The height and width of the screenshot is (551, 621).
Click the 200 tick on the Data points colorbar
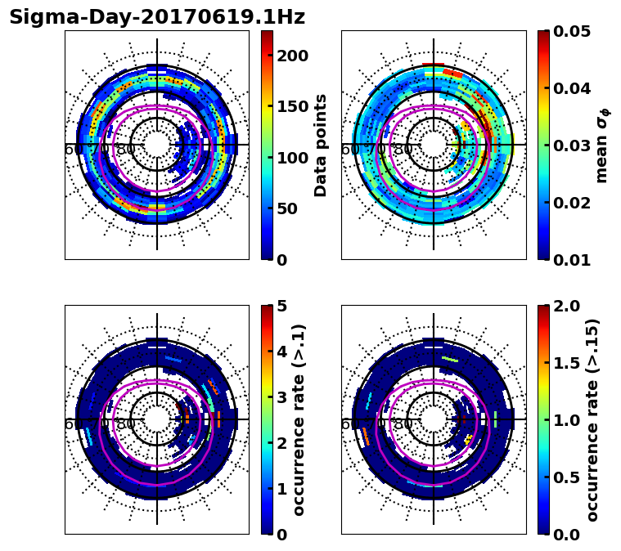[292, 56]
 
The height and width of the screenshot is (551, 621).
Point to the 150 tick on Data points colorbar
[292, 106]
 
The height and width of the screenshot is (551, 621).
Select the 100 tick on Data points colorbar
[292, 158]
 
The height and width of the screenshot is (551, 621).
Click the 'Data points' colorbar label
[321, 145]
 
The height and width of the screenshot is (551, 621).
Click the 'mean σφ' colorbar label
[601, 145]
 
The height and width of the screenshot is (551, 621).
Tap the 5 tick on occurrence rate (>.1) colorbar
[282, 306]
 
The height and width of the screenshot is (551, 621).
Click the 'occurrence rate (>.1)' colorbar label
[299, 419]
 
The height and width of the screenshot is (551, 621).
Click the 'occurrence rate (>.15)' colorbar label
[593, 419]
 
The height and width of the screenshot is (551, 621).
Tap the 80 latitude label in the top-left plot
[126, 150]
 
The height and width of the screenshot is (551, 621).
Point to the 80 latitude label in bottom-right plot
[403, 424]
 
